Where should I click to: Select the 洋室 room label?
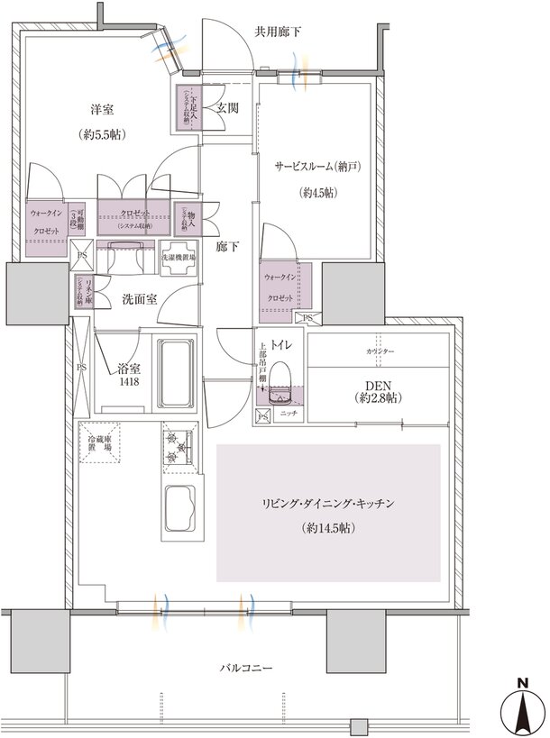[x=101, y=110]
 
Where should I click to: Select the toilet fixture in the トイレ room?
[x=279, y=381]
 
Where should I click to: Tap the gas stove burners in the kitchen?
[x=176, y=444]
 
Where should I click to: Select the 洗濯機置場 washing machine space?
[x=179, y=257]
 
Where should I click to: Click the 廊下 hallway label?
[x=227, y=245]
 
